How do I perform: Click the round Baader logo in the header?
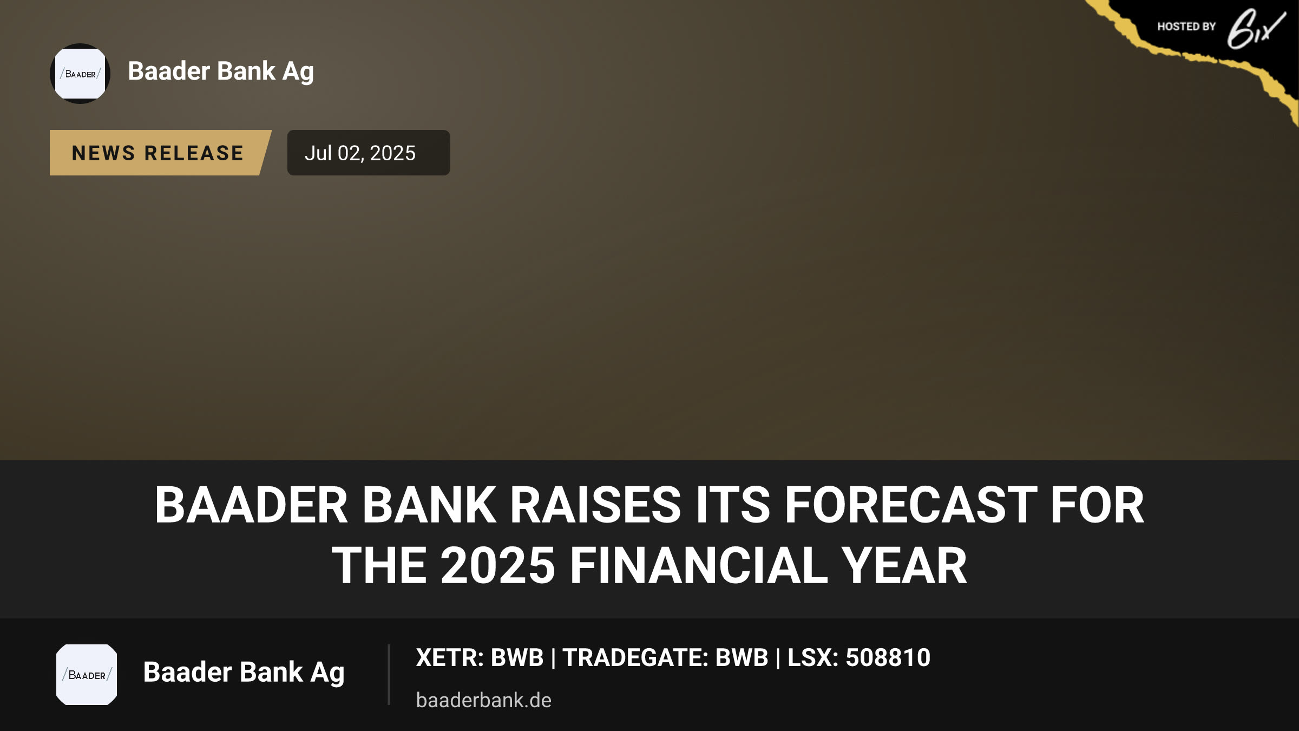(80, 74)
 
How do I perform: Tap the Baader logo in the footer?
(87, 675)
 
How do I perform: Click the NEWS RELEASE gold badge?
(160, 153)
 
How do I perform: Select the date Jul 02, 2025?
(360, 153)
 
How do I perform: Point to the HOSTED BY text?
(1186, 27)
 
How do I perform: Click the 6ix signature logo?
(1256, 29)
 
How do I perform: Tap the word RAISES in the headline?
(595, 505)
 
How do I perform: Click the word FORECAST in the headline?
(910, 505)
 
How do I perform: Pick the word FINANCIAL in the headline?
(699, 566)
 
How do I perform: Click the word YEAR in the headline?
(904, 566)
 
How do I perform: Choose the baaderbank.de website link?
(484, 700)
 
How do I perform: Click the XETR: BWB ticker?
(480, 658)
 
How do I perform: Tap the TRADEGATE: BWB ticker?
(665, 658)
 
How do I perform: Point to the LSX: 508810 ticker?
(859, 658)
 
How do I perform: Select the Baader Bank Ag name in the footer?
(244, 673)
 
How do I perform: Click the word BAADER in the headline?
(251, 505)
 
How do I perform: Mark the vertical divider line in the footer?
(389, 675)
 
